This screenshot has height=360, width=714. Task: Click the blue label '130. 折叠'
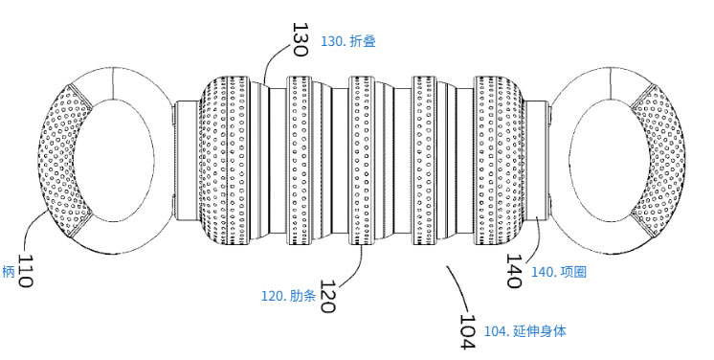tap(349, 41)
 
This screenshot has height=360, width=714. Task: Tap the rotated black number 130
tap(299, 40)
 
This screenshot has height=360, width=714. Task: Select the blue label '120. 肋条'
tap(289, 297)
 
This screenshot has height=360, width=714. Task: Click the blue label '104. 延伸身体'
tap(524, 331)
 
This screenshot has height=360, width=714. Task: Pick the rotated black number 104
tap(468, 331)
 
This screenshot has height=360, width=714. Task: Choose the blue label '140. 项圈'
tap(558, 272)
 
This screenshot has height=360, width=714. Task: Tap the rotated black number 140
tap(514, 269)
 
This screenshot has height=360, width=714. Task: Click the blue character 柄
tap(9, 272)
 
